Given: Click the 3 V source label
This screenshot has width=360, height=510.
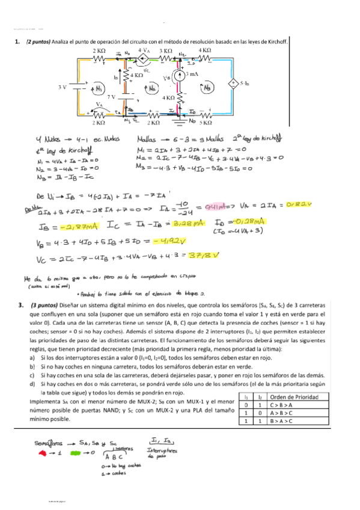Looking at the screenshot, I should [63, 87].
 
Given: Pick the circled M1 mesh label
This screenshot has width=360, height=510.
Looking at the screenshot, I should [98, 89].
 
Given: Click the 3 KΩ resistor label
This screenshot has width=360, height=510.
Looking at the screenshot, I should [166, 51].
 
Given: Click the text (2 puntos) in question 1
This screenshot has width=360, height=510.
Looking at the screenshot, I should [38, 42].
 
